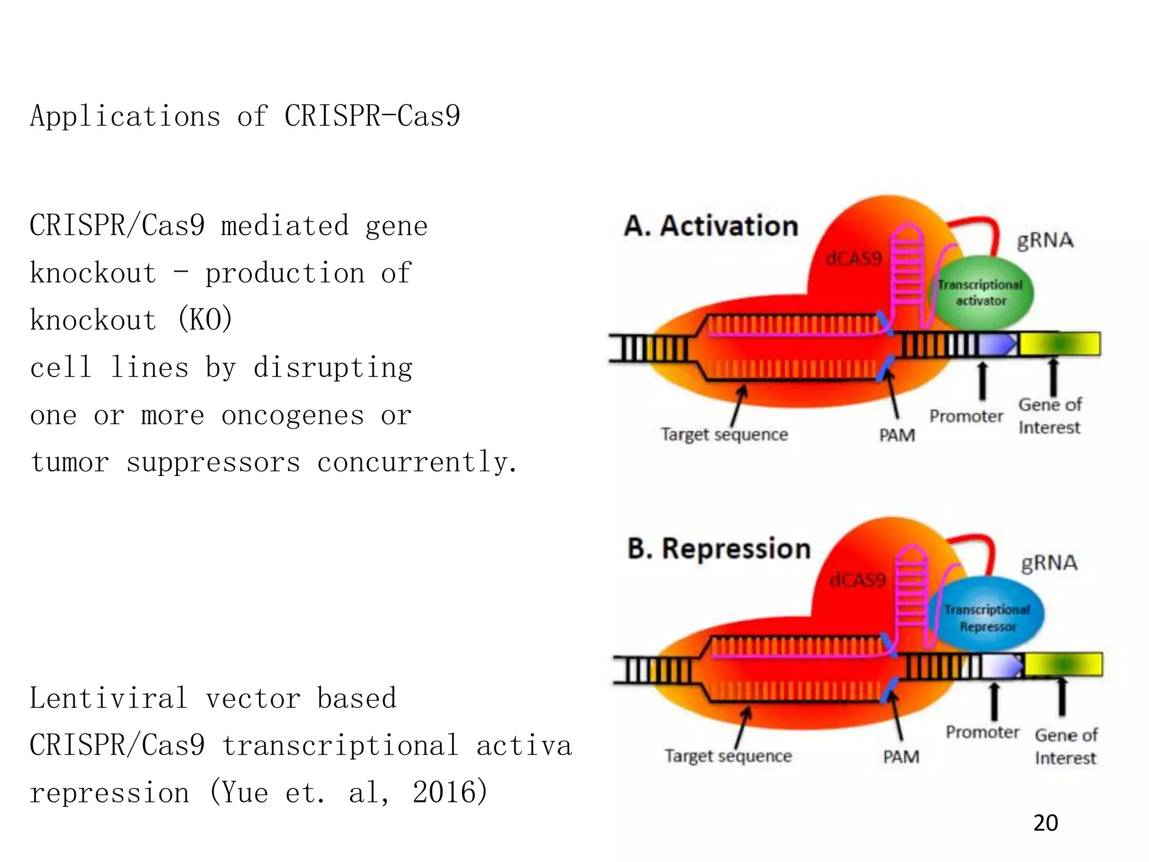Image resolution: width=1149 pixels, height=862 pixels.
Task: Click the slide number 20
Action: tap(1045, 823)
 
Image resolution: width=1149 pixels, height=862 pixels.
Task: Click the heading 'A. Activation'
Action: tap(711, 226)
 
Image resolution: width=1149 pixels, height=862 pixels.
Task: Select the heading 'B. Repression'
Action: tap(719, 548)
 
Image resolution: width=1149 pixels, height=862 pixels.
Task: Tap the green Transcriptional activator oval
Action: tap(981, 292)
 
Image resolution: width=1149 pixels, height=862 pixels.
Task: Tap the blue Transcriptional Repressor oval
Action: tap(987, 617)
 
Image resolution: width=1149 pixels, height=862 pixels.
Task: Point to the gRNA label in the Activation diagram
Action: tap(1045, 240)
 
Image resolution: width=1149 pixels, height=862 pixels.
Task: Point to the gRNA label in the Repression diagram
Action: tap(1049, 562)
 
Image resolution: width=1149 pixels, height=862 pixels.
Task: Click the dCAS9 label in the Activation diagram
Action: tap(853, 259)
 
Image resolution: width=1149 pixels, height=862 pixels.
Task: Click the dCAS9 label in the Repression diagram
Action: tap(857, 580)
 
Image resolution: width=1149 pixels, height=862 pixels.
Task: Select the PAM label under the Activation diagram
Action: tap(897, 435)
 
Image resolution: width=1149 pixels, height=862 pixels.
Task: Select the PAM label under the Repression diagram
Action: tap(901, 757)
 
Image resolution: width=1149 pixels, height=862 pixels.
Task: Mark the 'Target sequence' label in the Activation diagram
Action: tap(724, 434)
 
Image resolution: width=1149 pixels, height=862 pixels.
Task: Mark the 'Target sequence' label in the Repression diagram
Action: tap(728, 756)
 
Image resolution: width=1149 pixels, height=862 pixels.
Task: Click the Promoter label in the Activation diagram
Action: tap(966, 416)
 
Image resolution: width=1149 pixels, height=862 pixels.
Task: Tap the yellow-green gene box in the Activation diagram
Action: tap(1059, 344)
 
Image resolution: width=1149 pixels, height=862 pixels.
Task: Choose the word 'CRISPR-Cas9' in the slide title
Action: tap(372, 116)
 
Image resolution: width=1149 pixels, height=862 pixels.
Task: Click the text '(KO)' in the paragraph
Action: tap(205, 320)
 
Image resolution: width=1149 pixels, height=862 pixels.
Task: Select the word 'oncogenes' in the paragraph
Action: tap(292, 416)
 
